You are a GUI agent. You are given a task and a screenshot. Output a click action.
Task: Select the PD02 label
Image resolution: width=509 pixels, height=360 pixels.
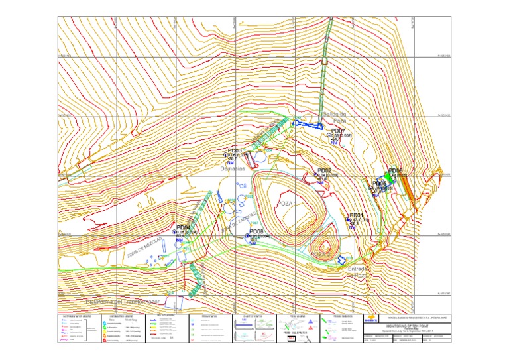coord(324,170)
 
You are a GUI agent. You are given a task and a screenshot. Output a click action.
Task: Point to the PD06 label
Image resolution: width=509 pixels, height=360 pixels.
coord(396,170)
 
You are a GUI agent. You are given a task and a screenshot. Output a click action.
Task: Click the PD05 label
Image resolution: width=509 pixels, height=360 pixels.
coord(380,183)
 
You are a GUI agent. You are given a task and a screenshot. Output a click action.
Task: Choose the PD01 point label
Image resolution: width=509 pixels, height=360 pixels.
coord(356,215)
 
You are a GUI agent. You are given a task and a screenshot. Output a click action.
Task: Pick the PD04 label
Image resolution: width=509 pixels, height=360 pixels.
coord(184,227)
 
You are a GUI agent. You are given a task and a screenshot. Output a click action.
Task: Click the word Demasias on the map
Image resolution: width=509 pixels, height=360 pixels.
coord(233,170)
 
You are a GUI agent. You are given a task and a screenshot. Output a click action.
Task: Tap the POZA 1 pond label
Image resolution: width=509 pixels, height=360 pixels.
coord(286,203)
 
